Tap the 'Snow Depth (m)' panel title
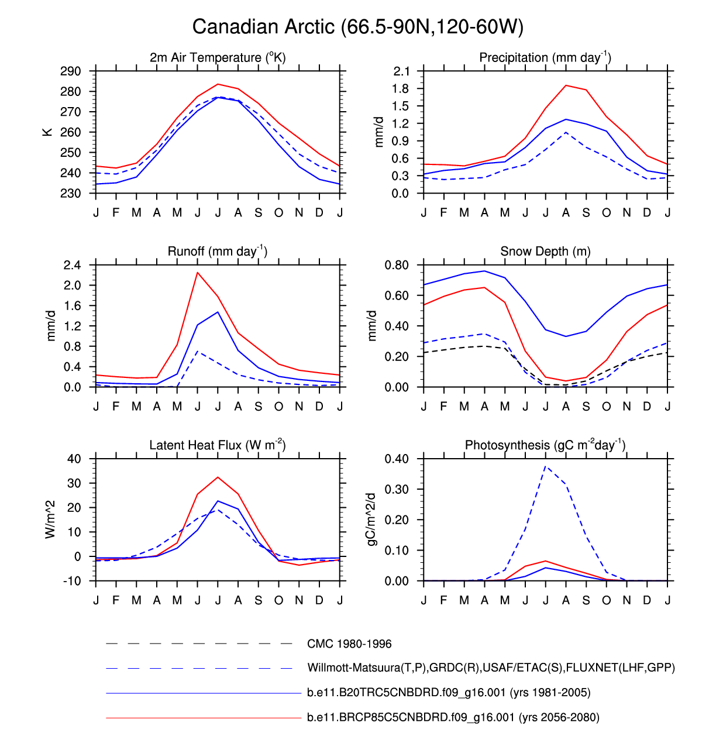tap(545, 252)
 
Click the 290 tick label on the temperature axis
tap(71, 71)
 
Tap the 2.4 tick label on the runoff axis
tap(72, 265)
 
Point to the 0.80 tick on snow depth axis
tap(397, 265)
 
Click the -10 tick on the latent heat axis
tap(72, 581)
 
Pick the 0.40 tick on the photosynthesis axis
tap(397, 459)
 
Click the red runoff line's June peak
tap(198, 273)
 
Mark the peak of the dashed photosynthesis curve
tap(546, 466)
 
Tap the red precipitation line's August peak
tap(566, 85)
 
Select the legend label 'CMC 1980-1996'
tap(349, 644)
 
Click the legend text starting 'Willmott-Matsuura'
tap(491, 668)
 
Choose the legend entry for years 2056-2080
tap(453, 717)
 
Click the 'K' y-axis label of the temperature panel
tap(47, 132)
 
